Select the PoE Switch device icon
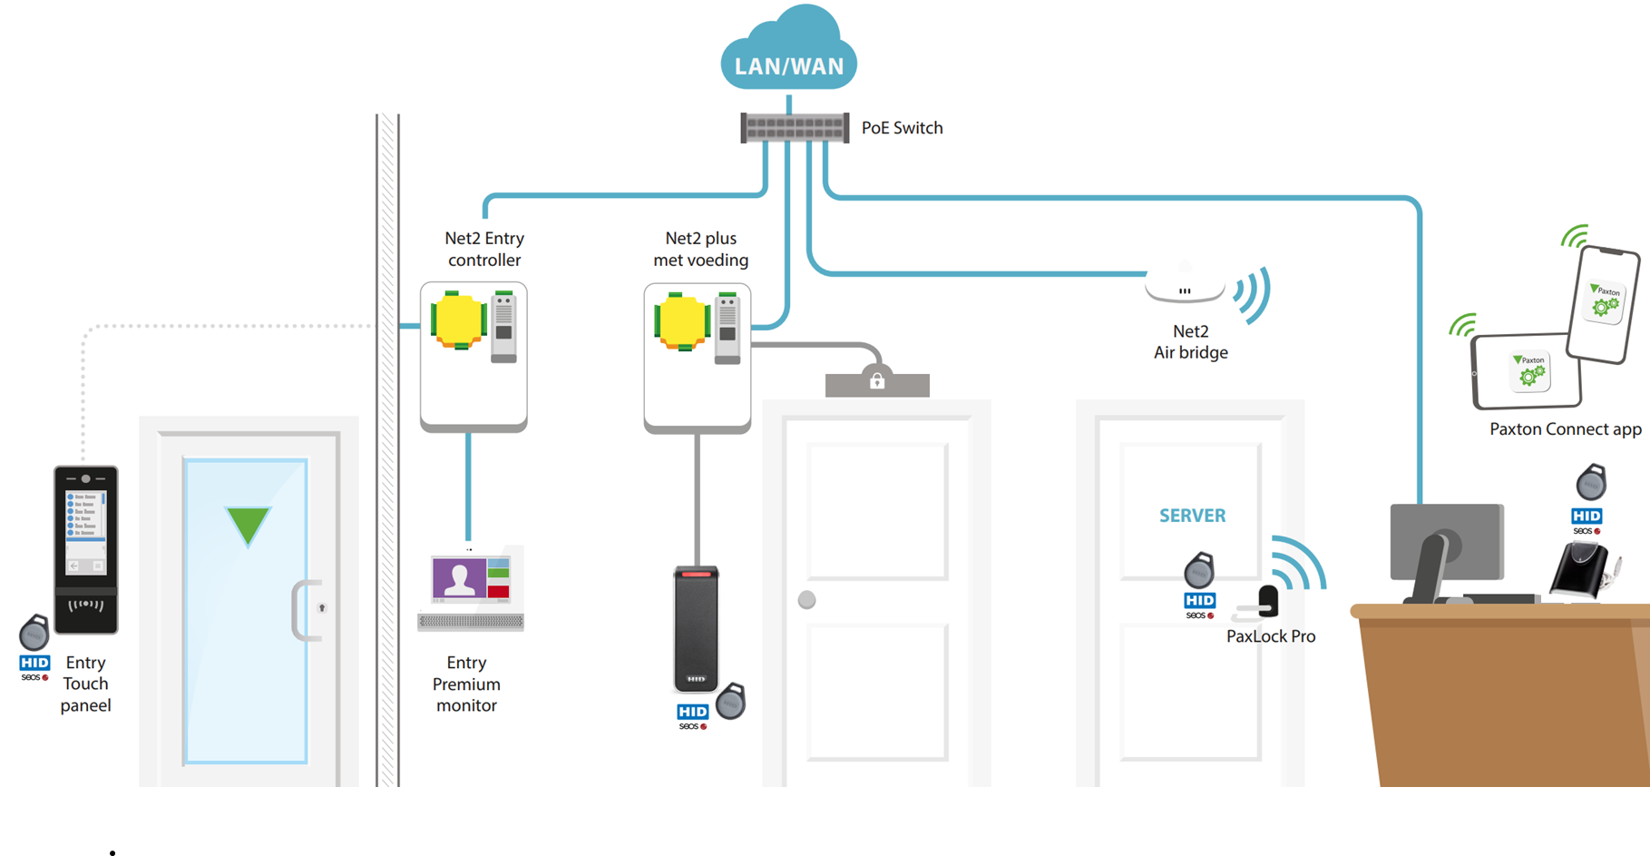(x=795, y=128)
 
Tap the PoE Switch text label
(x=902, y=128)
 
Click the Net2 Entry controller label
(x=484, y=249)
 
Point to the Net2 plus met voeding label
(x=701, y=249)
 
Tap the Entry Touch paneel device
(x=86, y=548)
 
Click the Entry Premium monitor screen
(x=471, y=579)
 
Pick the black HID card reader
(x=696, y=628)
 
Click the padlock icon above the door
(x=877, y=380)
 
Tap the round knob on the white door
(x=806, y=600)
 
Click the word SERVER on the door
(x=1192, y=516)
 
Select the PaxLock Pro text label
(x=1270, y=636)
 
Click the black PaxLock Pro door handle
(x=1267, y=601)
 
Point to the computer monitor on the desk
(x=1446, y=543)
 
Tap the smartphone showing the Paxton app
(x=1605, y=304)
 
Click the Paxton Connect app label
(x=1565, y=429)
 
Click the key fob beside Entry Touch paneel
(x=34, y=633)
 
